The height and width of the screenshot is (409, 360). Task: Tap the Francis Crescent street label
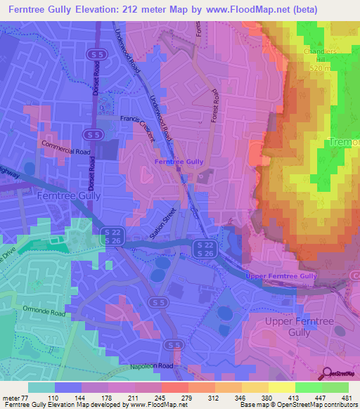(x=139, y=126)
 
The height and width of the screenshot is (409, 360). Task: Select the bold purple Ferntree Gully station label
(x=179, y=162)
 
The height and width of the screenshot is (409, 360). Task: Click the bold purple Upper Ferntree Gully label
(x=281, y=276)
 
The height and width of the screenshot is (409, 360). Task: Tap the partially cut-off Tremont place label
(x=345, y=142)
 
